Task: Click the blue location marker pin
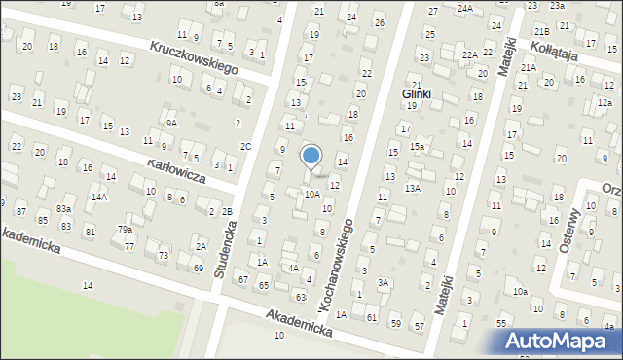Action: (x=311, y=156)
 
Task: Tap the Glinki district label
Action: (x=416, y=94)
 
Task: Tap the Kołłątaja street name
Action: (x=555, y=50)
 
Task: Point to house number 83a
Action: (x=63, y=209)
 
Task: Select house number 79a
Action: (x=126, y=229)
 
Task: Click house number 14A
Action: (x=98, y=197)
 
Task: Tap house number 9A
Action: (x=170, y=124)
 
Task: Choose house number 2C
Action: (x=246, y=147)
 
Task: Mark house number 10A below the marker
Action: (x=311, y=194)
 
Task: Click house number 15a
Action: (x=416, y=147)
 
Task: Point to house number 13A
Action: (x=412, y=188)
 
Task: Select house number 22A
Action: (x=469, y=54)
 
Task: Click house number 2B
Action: (x=227, y=212)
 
